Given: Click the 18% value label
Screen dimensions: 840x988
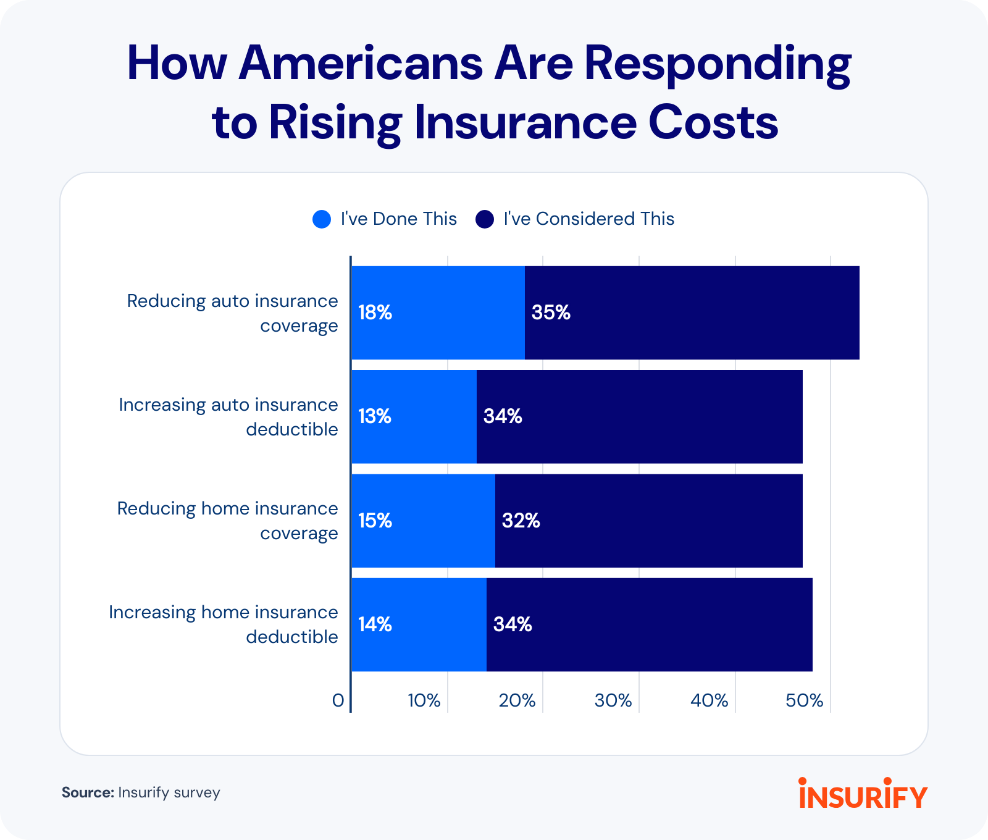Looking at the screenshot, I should pyautogui.click(x=375, y=313).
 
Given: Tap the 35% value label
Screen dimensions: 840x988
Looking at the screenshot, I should pyautogui.click(x=551, y=313).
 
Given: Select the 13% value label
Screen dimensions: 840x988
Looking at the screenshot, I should pyautogui.click(x=375, y=417).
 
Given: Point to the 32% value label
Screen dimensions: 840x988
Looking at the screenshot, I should pyautogui.click(x=521, y=521).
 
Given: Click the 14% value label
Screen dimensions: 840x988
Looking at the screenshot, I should pyautogui.click(x=375, y=625).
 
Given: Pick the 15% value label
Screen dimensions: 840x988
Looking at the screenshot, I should pyautogui.click(x=375, y=521).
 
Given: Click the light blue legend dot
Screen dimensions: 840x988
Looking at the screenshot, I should pyautogui.click(x=322, y=219).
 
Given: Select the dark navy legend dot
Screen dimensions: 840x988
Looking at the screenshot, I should pyautogui.click(x=485, y=219).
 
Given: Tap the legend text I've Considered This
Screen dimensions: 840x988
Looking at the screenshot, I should pyautogui.click(x=588, y=219).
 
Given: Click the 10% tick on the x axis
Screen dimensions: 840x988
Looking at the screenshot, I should pyautogui.click(x=424, y=700).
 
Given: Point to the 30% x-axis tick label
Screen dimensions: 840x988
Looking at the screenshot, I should pyautogui.click(x=613, y=700).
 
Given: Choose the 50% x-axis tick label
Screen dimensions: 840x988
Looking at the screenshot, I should pyautogui.click(x=804, y=700).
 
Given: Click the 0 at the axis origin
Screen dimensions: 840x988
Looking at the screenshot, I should pyautogui.click(x=338, y=700).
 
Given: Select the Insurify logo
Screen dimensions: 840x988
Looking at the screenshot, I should pyautogui.click(x=863, y=794).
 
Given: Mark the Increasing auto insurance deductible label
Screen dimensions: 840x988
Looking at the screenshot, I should pyautogui.click(x=228, y=417).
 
